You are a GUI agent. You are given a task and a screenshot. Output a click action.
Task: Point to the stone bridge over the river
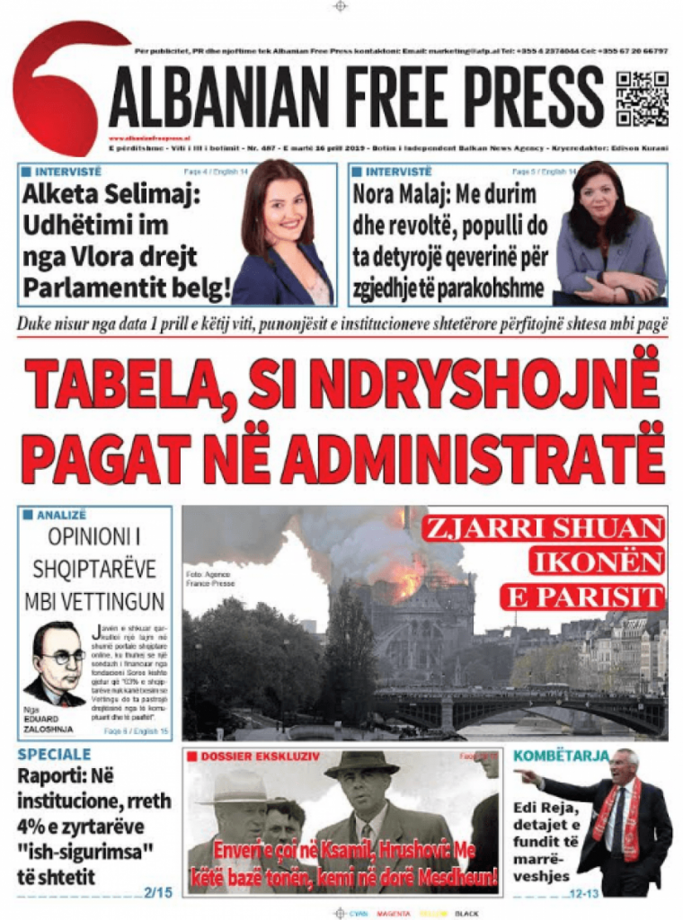coord(521,706)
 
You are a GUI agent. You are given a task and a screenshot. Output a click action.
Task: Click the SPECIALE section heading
coord(54,755)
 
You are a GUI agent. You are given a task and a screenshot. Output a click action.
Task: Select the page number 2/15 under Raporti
coord(157,892)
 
